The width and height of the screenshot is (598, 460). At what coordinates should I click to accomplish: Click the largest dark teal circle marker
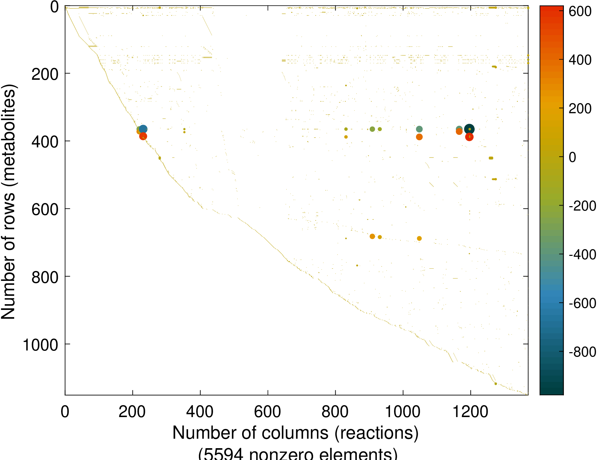469,129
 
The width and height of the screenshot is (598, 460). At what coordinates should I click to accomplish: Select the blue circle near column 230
143,129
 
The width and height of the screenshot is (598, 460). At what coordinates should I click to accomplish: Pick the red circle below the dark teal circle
469,137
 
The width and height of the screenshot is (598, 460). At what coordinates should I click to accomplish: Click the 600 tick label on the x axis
267,412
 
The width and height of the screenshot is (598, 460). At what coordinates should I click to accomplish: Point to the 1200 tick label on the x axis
470,412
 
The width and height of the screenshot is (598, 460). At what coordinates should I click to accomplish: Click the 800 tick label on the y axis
45,277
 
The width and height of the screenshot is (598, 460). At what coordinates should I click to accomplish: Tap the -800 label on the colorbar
582,352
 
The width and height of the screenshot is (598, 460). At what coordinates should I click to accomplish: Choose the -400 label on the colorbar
582,255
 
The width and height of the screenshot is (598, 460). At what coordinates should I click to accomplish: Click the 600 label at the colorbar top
580,12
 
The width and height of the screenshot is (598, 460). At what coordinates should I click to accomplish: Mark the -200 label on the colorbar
582,206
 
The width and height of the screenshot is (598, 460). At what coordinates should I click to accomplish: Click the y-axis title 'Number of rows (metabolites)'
9,201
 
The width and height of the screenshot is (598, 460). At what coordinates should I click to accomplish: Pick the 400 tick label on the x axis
200,412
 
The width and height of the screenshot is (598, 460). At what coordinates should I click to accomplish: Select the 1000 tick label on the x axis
402,412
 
